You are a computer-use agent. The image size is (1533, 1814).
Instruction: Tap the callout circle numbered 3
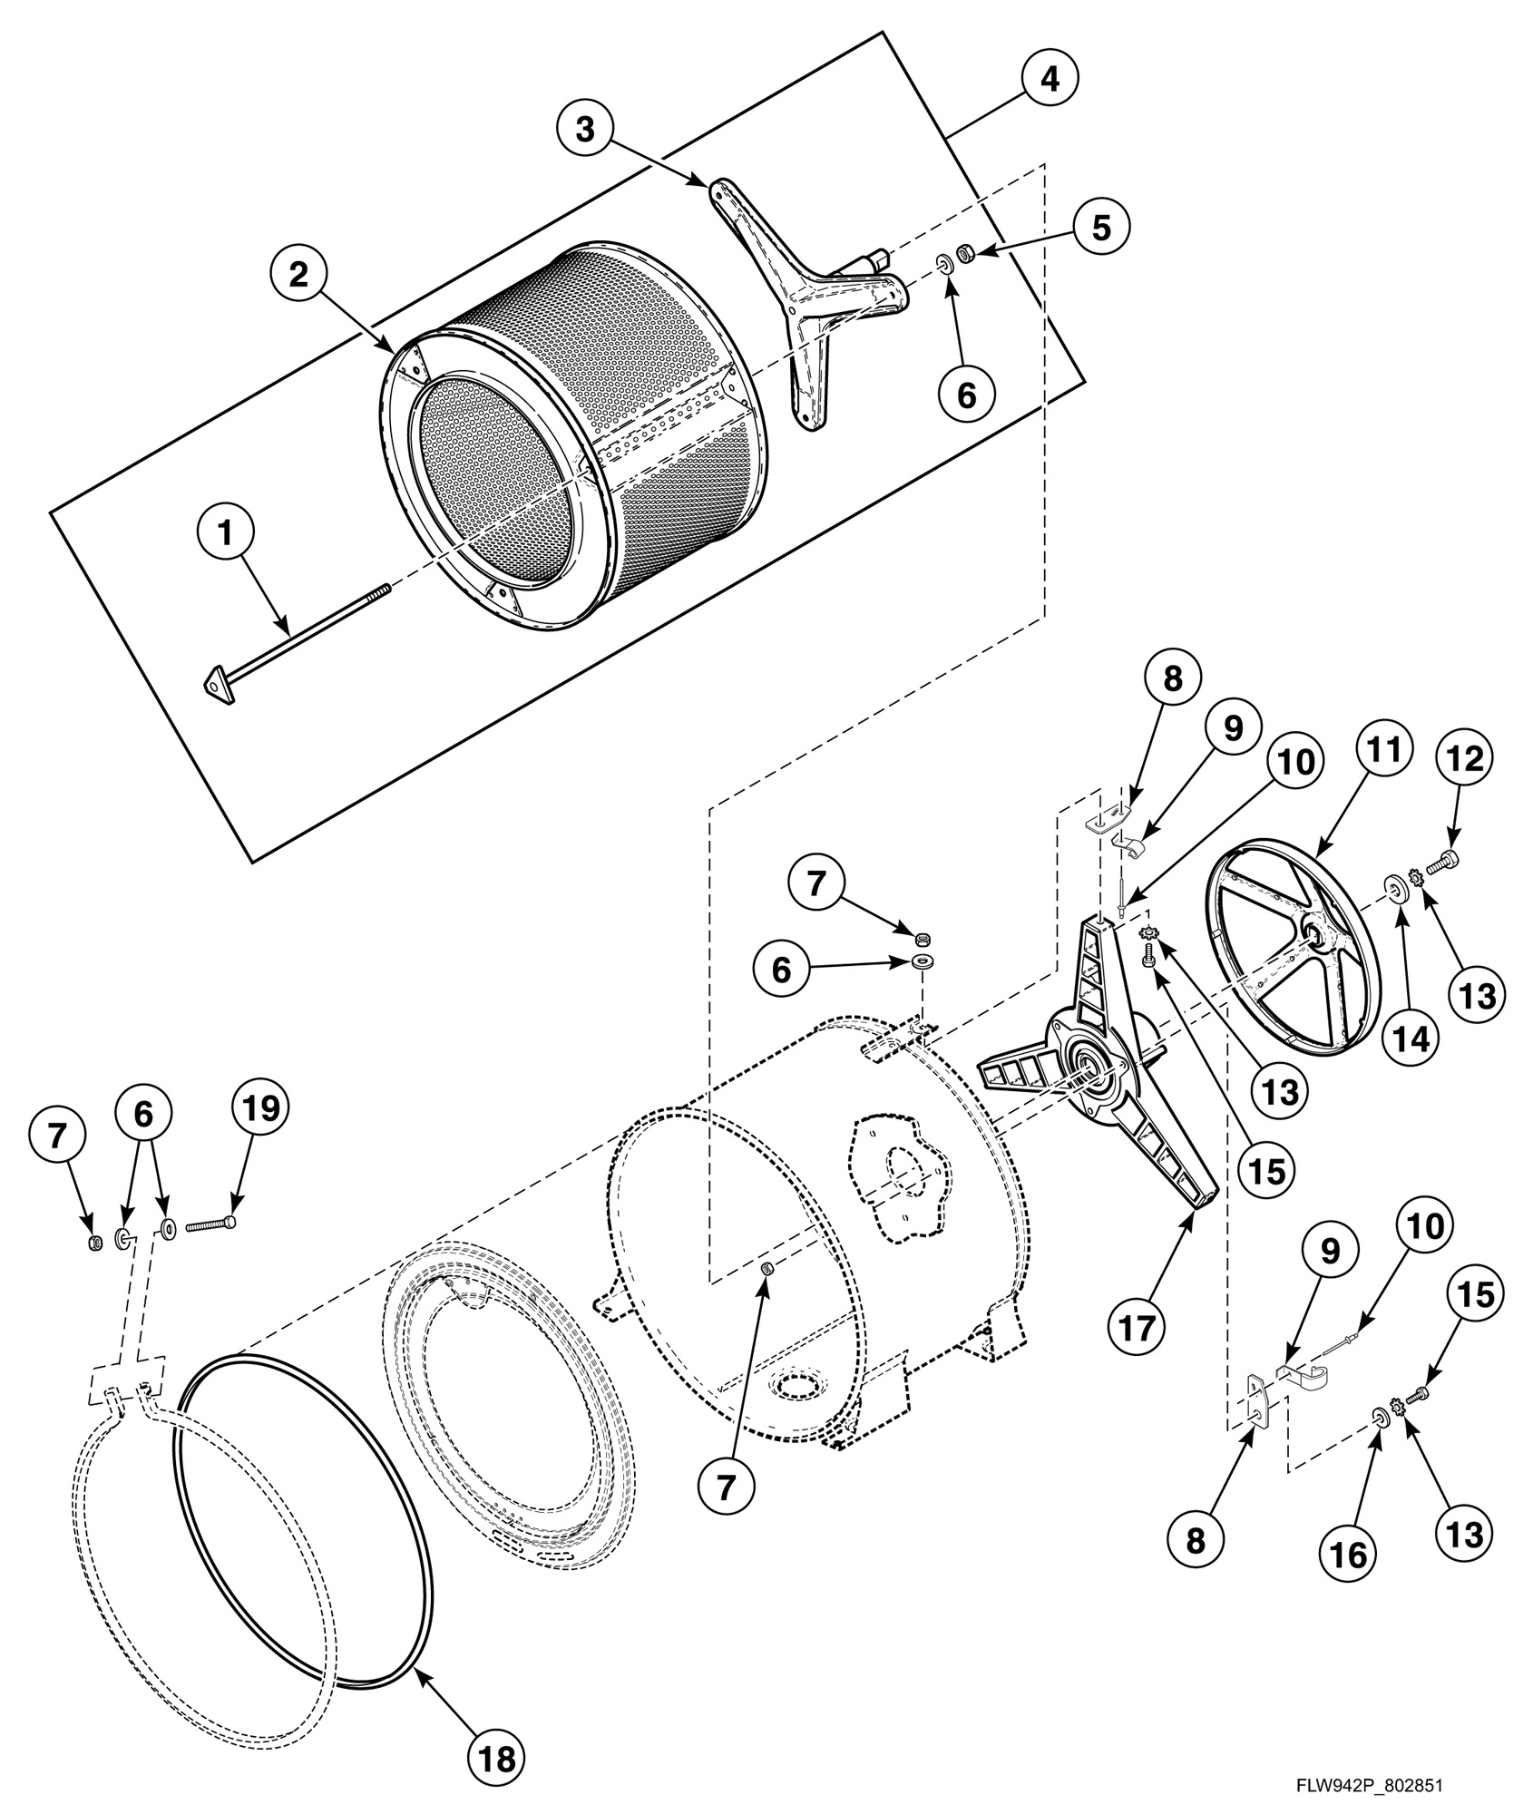click(x=586, y=130)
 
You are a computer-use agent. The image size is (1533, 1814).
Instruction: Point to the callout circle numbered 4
click(x=1049, y=80)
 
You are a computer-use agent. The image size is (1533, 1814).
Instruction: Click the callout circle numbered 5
click(x=1100, y=227)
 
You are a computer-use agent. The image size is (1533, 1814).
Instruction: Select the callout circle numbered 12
click(x=1468, y=757)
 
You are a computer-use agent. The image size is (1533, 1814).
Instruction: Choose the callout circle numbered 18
click(x=497, y=1708)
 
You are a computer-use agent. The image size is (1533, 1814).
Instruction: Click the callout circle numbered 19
click(x=259, y=1108)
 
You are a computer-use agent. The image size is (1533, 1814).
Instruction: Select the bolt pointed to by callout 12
click(x=1442, y=859)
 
